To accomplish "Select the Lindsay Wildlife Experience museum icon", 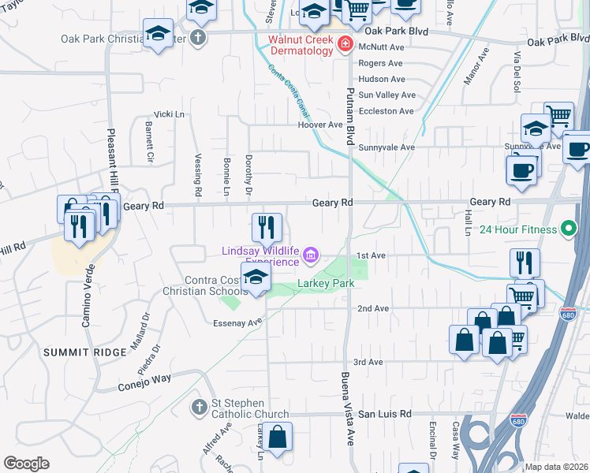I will (x=311, y=255).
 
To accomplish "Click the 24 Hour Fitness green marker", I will (x=568, y=230).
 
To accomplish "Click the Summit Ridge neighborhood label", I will (x=85, y=352).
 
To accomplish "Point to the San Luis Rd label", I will (x=385, y=414).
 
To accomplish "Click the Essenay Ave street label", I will (x=237, y=322).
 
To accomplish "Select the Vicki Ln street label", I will (x=169, y=114).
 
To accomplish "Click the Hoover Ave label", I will (x=320, y=125).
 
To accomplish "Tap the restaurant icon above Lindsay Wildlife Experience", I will (x=267, y=227).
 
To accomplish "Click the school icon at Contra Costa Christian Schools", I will (x=256, y=277).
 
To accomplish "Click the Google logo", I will (x=26, y=463).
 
